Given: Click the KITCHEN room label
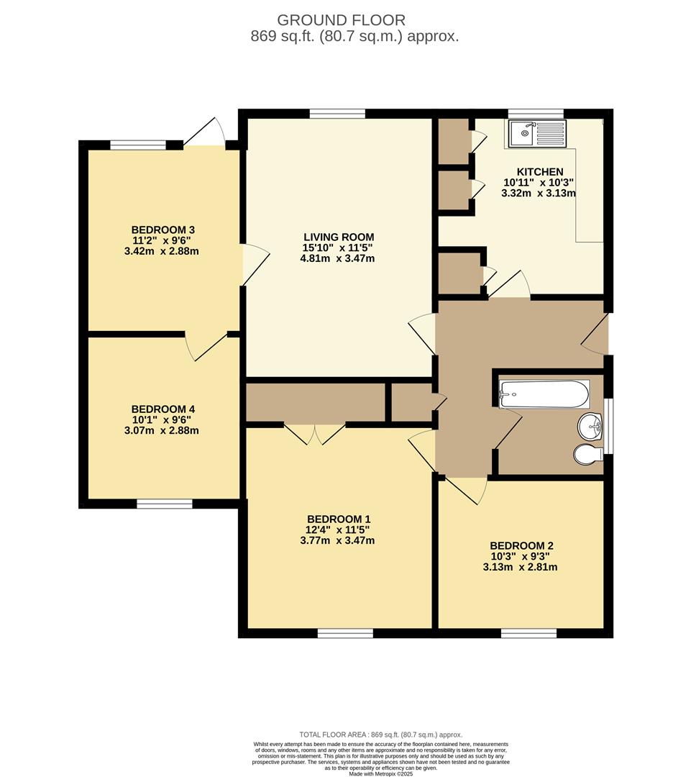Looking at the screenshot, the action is click(x=540, y=172).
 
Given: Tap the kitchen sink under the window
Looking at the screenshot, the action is click(x=536, y=133).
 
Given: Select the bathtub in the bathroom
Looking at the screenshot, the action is click(x=544, y=394).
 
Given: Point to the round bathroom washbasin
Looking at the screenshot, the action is click(x=590, y=426).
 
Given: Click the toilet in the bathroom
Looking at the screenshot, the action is click(x=588, y=454).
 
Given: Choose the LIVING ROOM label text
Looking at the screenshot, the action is click(x=339, y=237).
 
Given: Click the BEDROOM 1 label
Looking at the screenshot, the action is click(x=339, y=519).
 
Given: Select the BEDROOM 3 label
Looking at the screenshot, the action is click(x=163, y=230).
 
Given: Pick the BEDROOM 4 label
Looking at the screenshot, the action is click(x=163, y=409).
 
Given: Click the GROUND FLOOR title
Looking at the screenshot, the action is click(x=342, y=20).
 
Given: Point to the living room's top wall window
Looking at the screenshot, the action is click(x=338, y=114).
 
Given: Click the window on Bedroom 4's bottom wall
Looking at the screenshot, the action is click(x=165, y=504).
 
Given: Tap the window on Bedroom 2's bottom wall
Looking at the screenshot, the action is click(x=528, y=633).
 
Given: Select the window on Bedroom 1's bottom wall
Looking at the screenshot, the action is click(x=345, y=633).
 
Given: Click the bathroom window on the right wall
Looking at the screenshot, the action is click(x=609, y=426).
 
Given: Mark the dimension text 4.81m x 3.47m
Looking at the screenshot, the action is click(x=337, y=259).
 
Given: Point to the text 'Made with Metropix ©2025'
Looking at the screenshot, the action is click(x=381, y=773).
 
